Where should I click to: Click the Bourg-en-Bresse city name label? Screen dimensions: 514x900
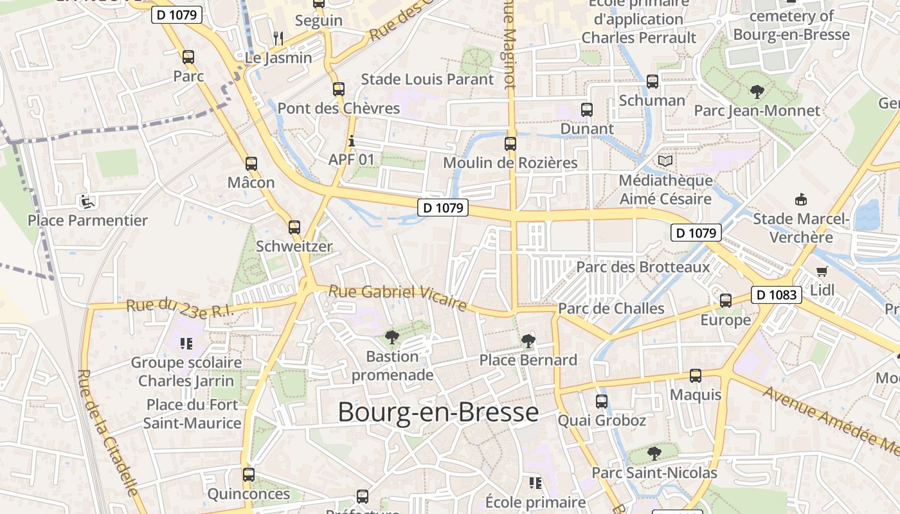point(438,412)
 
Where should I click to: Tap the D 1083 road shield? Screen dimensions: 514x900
point(777,295)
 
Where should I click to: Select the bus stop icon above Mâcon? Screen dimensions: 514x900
point(251,164)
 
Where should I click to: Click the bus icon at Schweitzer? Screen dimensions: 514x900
point(294,227)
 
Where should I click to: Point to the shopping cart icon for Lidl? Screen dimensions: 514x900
point(822,271)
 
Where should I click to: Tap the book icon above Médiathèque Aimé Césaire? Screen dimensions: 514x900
point(665,161)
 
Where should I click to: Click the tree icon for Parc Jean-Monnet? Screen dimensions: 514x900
point(757,92)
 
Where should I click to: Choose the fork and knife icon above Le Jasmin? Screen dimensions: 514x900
point(278,39)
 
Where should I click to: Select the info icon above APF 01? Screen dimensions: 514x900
point(351,141)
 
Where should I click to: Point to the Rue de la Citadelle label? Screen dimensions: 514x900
point(107,432)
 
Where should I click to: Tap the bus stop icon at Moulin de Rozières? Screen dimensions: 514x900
point(510,144)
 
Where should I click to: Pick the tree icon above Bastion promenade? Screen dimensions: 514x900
point(392,337)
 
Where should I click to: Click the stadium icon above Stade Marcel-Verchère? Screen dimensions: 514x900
point(801,200)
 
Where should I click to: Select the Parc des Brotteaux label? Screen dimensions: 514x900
point(643,267)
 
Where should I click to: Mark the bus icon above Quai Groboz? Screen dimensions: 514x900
point(602,402)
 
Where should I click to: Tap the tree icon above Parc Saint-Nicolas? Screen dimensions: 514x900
point(654,454)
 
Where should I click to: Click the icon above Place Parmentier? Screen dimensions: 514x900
point(85,202)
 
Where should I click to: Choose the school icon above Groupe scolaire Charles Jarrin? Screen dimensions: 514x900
point(186,344)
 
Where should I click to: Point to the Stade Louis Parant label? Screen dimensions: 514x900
point(428,79)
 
